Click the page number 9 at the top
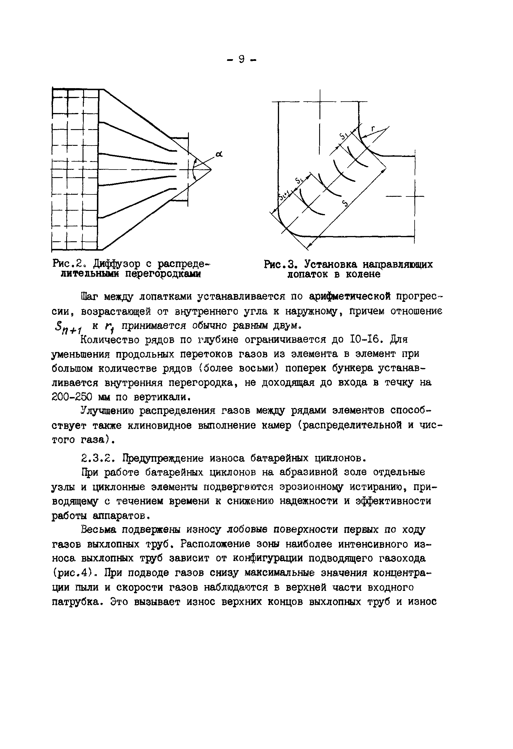tap(241, 59)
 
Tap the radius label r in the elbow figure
tap(373, 129)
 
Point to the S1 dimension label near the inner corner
tap(343, 136)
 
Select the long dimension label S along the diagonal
tap(345, 204)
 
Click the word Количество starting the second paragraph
tap(110, 340)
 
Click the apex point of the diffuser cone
tap(211, 170)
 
